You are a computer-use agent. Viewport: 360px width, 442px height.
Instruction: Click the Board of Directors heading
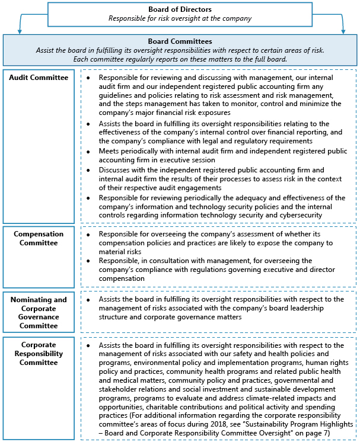pos(180,9)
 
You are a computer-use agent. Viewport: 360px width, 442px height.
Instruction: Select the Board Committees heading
pos(180,41)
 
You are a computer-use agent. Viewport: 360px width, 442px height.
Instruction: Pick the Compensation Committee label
pos(39,238)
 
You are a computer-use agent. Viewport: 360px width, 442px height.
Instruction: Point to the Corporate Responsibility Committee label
pos(39,353)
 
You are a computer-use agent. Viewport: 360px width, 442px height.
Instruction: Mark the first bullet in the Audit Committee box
pos(88,78)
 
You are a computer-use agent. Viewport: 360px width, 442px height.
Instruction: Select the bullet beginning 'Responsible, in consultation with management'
pos(88,261)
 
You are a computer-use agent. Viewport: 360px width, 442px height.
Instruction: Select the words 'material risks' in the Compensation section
pos(120,252)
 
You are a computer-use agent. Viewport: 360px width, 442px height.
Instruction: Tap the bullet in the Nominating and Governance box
pos(88,300)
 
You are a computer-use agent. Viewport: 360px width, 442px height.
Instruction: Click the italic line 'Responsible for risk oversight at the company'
pos(180,18)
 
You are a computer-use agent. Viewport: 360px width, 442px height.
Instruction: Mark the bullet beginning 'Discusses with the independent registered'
pos(88,169)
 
